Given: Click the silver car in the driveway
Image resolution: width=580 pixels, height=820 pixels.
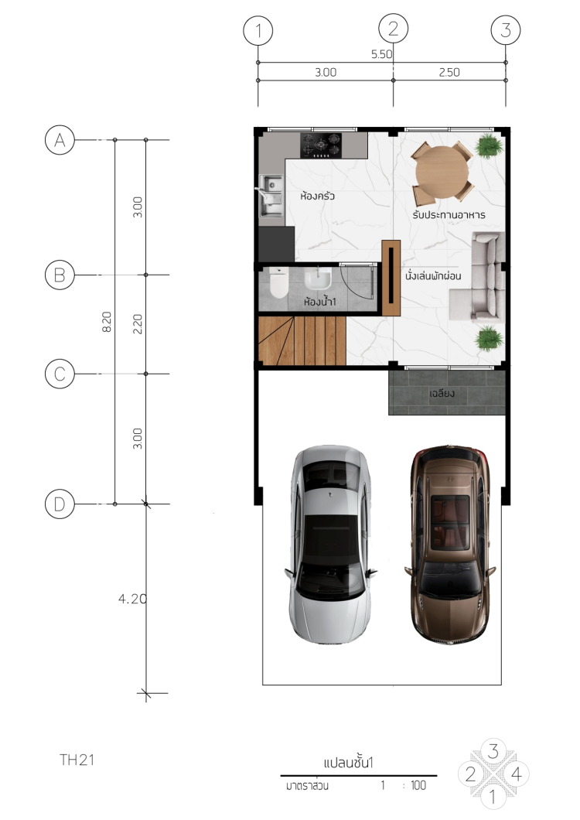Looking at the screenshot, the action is pyautogui.click(x=330, y=544).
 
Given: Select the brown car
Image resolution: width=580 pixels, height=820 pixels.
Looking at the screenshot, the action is pyautogui.click(x=450, y=544).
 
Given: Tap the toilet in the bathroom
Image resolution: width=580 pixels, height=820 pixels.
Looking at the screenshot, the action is pyautogui.click(x=278, y=282).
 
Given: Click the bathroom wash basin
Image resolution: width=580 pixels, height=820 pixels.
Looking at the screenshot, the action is pyautogui.click(x=318, y=278).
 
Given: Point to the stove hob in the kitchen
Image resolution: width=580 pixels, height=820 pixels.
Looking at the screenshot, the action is pyautogui.click(x=321, y=145).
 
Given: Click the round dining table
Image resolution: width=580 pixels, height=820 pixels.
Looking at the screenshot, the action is pyautogui.click(x=442, y=172).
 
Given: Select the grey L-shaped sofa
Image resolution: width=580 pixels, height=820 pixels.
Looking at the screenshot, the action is pyautogui.click(x=477, y=275).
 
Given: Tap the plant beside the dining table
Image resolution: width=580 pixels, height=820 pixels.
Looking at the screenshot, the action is pyautogui.click(x=489, y=146).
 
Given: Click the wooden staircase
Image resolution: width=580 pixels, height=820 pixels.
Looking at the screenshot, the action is pyautogui.click(x=302, y=340).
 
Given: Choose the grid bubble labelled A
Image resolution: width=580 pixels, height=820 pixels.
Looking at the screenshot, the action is pyautogui.click(x=60, y=140).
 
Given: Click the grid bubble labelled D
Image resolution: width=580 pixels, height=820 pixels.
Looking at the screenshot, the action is pyautogui.click(x=60, y=504).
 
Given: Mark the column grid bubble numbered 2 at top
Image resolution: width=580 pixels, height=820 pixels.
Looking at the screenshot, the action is pyautogui.click(x=394, y=29).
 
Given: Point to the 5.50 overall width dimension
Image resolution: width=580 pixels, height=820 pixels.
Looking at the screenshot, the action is pyautogui.click(x=381, y=54).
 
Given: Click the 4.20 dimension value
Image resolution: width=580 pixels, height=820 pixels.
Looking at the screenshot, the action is pyautogui.click(x=132, y=599).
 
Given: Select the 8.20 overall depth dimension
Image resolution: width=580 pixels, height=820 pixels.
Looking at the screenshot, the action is pyautogui.click(x=107, y=322).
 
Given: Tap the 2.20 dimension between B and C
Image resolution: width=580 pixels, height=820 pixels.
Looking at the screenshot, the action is pyautogui.click(x=137, y=324).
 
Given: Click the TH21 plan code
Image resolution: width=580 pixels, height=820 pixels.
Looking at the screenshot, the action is pyautogui.click(x=77, y=760).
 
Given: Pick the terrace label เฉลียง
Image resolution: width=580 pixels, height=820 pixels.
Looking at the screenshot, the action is pyautogui.click(x=442, y=393).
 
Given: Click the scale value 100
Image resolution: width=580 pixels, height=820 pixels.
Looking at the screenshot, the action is pyautogui.click(x=418, y=785).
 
